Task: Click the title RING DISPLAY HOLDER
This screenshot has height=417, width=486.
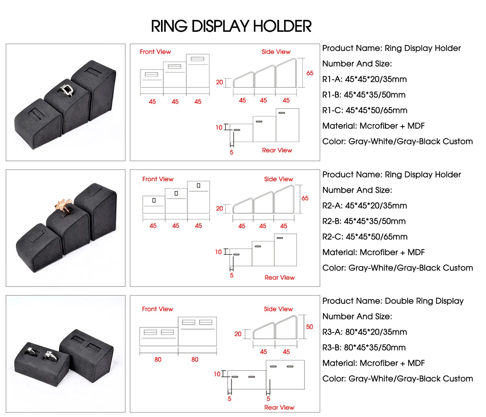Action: click(231, 26)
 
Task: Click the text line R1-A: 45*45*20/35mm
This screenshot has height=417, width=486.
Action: click(364, 79)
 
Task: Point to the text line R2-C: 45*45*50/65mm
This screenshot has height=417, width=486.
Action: click(365, 237)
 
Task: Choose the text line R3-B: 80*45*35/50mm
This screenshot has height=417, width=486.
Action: click(364, 348)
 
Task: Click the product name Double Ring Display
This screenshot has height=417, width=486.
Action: click(393, 301)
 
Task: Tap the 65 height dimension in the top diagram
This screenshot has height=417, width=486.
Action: click(310, 73)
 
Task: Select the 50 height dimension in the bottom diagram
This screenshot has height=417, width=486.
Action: click(309, 327)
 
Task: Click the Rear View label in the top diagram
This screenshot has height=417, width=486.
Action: click(277, 150)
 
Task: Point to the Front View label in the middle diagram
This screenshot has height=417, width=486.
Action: click(158, 179)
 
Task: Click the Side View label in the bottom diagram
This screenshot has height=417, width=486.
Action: click(278, 309)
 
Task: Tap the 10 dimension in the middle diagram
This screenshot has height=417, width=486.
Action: click(218, 252)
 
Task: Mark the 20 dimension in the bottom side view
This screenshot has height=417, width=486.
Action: click(238, 334)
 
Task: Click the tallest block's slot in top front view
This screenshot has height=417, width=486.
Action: click(197, 59)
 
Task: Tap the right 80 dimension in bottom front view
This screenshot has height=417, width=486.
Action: click(195, 360)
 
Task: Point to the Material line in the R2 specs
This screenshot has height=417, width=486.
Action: click(373, 252)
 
